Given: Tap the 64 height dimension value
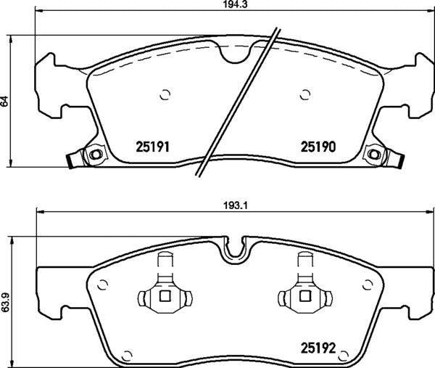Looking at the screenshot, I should click(x=5, y=101).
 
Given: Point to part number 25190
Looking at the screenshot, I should click(x=317, y=147).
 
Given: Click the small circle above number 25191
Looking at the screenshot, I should click(x=164, y=93).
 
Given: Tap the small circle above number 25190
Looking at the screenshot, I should click(x=304, y=93).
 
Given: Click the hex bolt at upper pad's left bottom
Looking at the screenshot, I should click(x=92, y=155).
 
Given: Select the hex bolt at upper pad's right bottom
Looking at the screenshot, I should click(x=375, y=155).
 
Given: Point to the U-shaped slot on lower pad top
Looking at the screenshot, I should click(x=233, y=249).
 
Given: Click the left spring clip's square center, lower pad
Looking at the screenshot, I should click(x=164, y=296).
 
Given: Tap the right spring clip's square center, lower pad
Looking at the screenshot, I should click(x=304, y=296).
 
